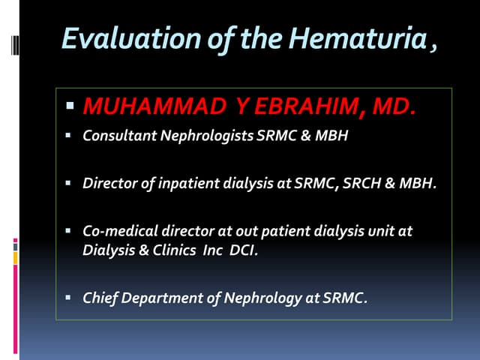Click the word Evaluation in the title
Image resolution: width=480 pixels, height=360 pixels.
pos(112,40)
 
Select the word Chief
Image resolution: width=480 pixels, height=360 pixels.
pos(98,298)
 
